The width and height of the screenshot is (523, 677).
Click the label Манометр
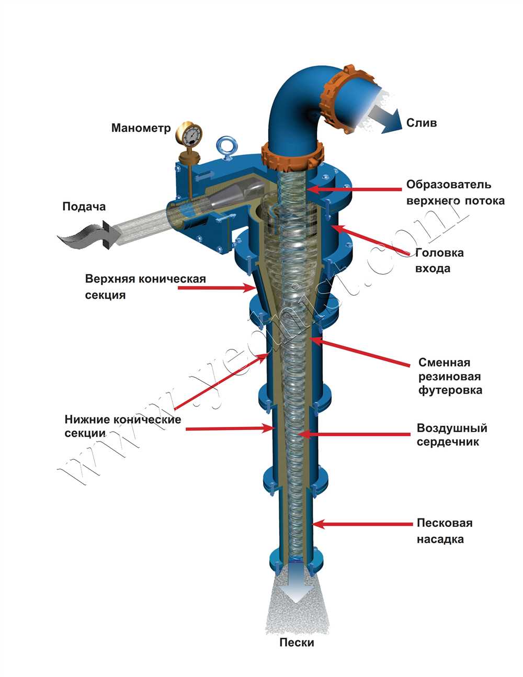click(141, 128)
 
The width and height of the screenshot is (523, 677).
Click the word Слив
click(422, 123)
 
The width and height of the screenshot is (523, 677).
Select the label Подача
click(84, 207)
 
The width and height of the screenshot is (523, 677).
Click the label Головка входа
click(439, 261)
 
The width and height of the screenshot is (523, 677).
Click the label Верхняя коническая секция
click(145, 286)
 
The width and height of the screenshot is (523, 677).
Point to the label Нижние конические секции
click(122, 426)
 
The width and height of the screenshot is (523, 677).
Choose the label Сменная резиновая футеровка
click(450, 376)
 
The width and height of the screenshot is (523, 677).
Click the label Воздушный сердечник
click(452, 435)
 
